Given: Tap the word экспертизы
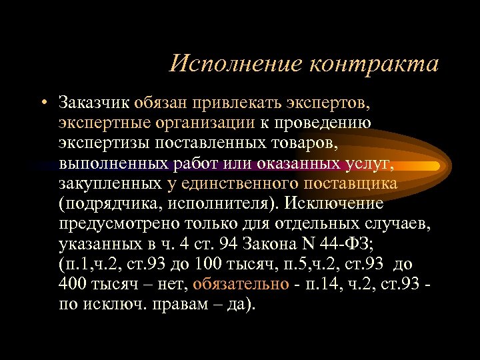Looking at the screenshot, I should pyautogui.click(x=104, y=143).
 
